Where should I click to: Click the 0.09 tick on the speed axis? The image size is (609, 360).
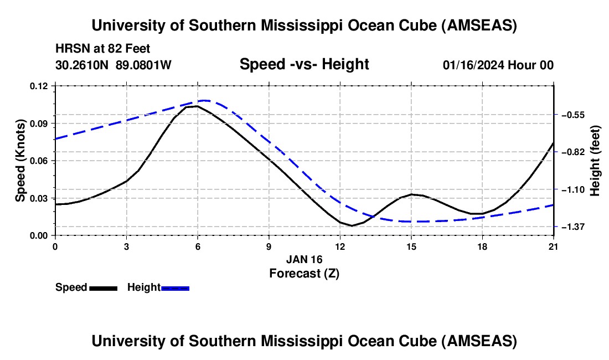point(40,123)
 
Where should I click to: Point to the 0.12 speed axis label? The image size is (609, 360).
point(40,86)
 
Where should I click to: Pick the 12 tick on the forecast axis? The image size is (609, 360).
point(340,246)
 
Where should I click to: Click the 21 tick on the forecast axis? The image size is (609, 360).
point(554,246)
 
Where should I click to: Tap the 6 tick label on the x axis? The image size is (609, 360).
point(198,246)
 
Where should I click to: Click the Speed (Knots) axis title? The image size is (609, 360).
point(20,161)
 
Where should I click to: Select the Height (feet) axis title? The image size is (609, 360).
point(596,161)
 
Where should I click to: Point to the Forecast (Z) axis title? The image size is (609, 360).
point(304,273)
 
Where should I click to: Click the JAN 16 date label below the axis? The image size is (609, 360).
point(304,259)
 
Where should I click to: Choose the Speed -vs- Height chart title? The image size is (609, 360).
point(304,64)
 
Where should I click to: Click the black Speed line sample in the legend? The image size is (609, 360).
point(103,288)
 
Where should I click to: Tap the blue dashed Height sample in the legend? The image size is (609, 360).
point(176,288)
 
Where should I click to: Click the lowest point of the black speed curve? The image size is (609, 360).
point(352,225)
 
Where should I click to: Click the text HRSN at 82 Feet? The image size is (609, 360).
point(103,49)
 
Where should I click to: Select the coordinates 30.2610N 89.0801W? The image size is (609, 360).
point(113,65)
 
